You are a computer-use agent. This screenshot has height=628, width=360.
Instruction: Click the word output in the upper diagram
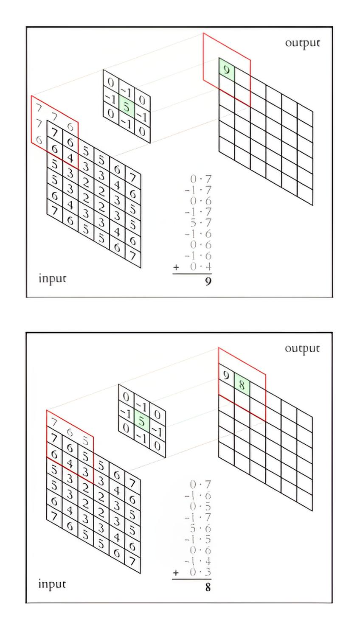[302, 43]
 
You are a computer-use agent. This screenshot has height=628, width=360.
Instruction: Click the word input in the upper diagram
[52, 278]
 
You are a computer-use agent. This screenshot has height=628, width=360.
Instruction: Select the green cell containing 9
[227, 70]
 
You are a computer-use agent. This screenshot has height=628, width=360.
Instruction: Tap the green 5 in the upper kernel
[127, 107]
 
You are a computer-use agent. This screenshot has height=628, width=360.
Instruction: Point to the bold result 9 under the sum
[208, 281]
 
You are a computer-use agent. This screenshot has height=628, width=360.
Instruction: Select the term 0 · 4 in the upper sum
[201, 267]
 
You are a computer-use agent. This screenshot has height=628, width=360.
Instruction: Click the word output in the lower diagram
[302, 348]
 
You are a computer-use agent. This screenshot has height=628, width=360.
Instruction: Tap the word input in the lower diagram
[52, 584]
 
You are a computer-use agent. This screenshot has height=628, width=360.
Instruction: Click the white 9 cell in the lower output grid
[226, 376]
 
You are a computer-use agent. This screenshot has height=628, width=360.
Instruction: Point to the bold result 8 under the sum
[208, 587]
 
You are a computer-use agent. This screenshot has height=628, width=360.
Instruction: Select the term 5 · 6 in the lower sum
[201, 529]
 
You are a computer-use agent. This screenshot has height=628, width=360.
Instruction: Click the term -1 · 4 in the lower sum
[199, 562]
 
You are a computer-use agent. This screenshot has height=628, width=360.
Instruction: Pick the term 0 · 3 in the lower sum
[201, 573]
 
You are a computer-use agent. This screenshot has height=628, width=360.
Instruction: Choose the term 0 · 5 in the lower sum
[201, 507]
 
